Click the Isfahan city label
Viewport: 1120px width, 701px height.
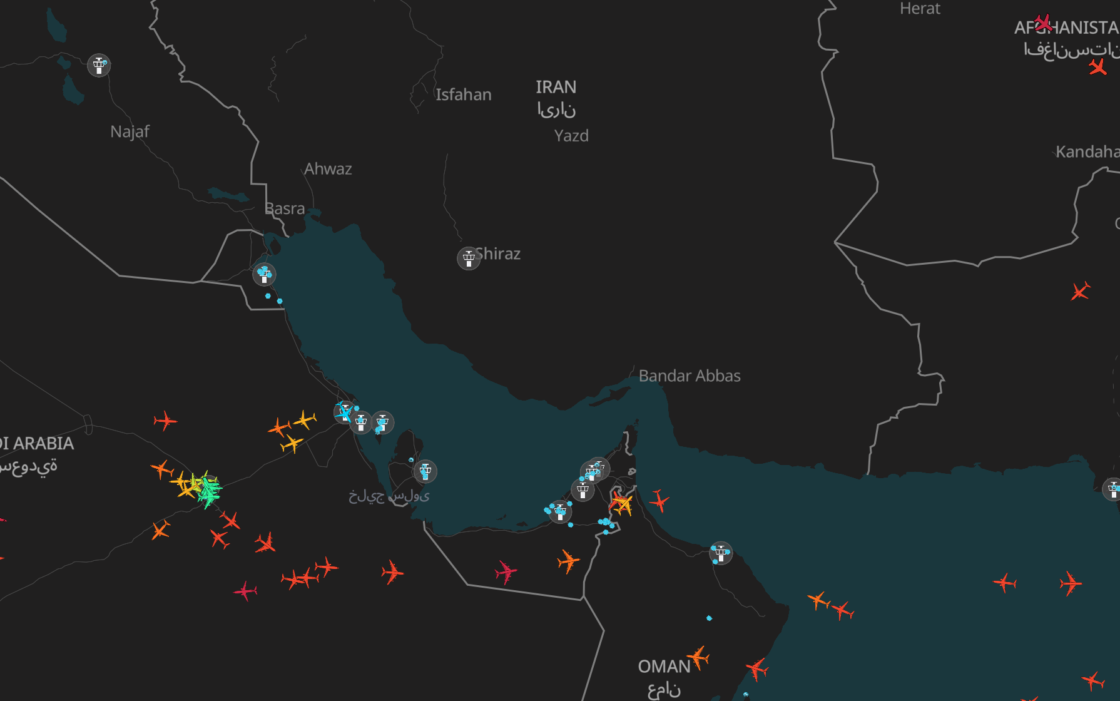(463, 95)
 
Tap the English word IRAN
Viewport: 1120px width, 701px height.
(556, 87)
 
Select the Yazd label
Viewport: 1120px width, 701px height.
(571, 136)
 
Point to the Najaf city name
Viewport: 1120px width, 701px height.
(130, 131)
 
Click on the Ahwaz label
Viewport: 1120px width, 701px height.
(328, 169)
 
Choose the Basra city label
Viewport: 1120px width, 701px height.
(285, 208)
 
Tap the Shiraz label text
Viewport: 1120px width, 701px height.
(498, 253)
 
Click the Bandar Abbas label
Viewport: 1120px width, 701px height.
(690, 376)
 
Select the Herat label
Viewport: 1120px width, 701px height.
(920, 9)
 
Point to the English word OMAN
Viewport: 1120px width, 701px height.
(664, 667)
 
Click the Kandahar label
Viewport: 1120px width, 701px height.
(1087, 151)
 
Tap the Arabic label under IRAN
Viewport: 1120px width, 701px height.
(556, 110)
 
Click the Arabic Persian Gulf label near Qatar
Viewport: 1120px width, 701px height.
(389, 496)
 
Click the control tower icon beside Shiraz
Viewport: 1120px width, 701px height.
(469, 258)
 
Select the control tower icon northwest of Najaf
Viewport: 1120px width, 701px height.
(99, 65)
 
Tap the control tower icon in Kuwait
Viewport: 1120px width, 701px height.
(264, 275)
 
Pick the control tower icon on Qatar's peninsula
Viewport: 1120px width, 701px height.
(425, 471)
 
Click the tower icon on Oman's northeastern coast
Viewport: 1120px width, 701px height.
(721, 553)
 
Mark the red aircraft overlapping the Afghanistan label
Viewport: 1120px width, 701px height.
(1043, 23)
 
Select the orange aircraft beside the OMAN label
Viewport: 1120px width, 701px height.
(698, 657)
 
